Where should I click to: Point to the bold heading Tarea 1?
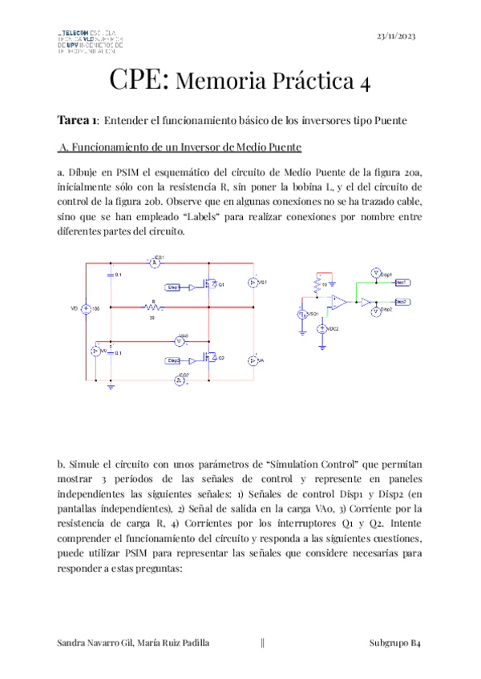[x=78, y=120]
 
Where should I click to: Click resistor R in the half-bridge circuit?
[x=152, y=306]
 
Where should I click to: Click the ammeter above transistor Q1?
[x=157, y=261]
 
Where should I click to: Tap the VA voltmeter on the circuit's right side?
[x=251, y=361]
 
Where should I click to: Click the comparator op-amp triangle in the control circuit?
[x=340, y=302]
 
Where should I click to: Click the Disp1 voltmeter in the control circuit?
[x=374, y=273]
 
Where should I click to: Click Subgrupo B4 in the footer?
[x=395, y=643]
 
